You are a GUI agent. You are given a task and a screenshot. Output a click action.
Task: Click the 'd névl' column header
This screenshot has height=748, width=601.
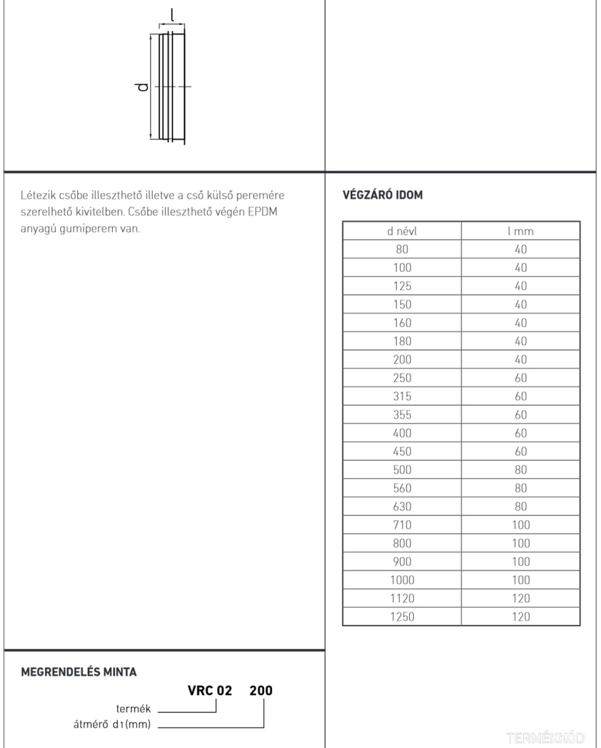coord(402,231)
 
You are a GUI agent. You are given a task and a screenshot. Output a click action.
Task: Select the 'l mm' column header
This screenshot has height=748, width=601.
coord(520,231)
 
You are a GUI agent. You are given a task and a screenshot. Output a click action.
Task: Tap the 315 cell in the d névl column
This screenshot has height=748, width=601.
coord(402,396)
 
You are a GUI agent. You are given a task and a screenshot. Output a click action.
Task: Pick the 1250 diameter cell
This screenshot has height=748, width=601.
coord(402,617)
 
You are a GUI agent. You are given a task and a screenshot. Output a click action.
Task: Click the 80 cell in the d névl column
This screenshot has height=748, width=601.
coord(402,249)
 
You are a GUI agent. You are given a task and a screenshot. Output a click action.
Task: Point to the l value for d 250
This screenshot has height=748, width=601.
coord(520,378)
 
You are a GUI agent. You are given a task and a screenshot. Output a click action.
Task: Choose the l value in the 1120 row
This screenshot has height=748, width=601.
coord(520,598)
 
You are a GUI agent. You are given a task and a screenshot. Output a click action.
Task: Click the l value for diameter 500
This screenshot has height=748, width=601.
coord(520,470)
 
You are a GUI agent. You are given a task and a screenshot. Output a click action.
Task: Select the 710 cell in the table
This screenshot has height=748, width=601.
coord(402,525)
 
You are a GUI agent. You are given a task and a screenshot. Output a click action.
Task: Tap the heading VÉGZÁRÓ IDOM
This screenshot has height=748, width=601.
coord(382,195)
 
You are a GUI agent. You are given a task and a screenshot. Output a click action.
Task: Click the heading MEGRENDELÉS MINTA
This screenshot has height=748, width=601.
coord(79,672)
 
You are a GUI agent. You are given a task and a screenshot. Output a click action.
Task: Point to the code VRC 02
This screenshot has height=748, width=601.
coord(210,691)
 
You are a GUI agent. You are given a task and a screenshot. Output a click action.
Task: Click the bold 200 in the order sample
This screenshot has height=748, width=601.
coord(261,691)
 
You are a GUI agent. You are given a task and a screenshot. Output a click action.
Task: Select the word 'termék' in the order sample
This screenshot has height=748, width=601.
coord(133,709)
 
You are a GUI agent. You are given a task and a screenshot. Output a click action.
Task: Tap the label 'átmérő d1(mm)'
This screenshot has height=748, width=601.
coord(112,725)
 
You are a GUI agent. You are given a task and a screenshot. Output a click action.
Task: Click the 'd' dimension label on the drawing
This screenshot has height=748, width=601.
coord(143,86)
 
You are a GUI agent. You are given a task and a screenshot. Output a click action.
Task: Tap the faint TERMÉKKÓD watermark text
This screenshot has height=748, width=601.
coord(546,738)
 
